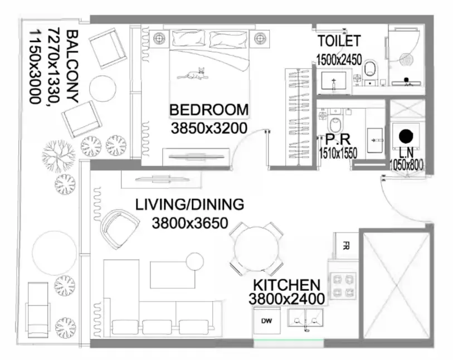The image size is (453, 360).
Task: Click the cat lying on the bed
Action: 193,74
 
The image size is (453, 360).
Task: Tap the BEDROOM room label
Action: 209,110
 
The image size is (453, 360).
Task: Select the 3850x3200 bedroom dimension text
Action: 209,128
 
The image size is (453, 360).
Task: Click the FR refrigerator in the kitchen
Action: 346,246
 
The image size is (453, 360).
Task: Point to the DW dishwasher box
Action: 267,321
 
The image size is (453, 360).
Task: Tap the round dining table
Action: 256,249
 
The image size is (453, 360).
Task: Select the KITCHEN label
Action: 287,285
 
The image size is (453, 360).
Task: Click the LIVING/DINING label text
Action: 190,205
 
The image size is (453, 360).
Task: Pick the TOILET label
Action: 339,41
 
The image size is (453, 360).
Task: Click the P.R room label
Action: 338,139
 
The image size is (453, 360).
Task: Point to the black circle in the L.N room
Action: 406,137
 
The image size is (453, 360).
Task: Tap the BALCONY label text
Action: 72,66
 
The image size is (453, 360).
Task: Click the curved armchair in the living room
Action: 119,229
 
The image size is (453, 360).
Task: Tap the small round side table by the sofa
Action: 195,261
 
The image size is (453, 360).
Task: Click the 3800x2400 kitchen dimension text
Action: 286,299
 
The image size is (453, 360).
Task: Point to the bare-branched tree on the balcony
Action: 59,156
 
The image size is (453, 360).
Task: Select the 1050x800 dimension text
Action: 406,165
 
